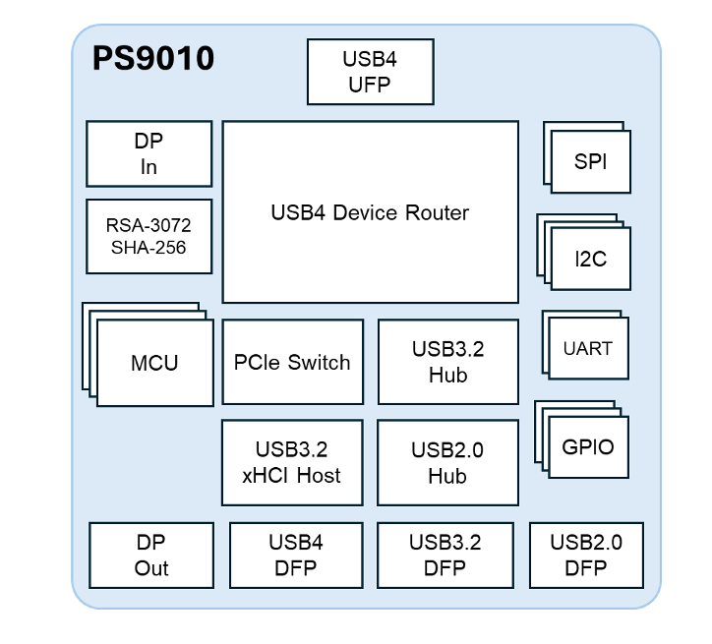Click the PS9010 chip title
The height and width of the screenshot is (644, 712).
pyautogui.click(x=152, y=58)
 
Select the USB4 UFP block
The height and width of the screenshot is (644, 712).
pyautogui.click(x=370, y=71)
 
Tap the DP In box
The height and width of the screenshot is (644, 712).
pyautogui.click(x=148, y=153)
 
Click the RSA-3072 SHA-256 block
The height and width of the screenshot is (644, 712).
pyautogui.click(x=148, y=236)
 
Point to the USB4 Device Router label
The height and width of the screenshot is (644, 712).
pyautogui.click(x=370, y=212)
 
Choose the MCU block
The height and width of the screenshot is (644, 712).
pyautogui.click(x=154, y=363)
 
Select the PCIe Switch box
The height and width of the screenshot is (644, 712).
pyautogui.click(x=292, y=362)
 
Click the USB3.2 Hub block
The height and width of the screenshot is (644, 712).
pyautogui.click(x=447, y=362)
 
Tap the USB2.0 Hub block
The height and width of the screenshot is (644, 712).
pyautogui.click(x=447, y=463)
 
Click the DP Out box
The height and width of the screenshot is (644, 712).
pyautogui.click(x=151, y=555)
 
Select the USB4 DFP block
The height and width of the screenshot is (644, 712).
pyautogui.click(x=296, y=555)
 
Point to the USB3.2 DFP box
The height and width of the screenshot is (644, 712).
pyautogui.click(x=445, y=555)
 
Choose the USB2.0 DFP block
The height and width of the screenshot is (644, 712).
pyautogui.click(x=585, y=555)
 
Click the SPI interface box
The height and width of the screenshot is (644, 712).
pyautogui.click(x=590, y=161)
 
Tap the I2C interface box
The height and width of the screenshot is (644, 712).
pyautogui.click(x=590, y=259)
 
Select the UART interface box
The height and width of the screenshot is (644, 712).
pyautogui.click(x=588, y=348)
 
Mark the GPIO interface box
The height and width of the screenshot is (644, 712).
pyautogui.click(x=588, y=447)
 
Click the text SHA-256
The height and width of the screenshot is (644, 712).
pyautogui.click(x=148, y=247)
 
